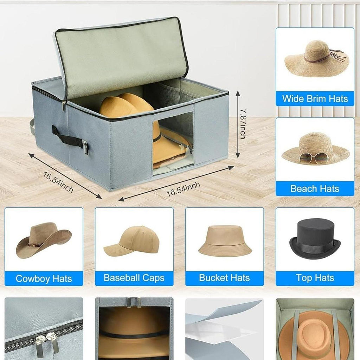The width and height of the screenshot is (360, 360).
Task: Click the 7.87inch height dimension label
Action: (x=243, y=124)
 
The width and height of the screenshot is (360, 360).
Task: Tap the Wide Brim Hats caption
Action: (x=315, y=99)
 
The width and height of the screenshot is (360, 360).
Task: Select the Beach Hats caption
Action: (x=315, y=189)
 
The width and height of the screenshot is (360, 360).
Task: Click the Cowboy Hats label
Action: (x=44, y=278)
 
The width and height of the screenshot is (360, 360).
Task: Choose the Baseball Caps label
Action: (x=134, y=278)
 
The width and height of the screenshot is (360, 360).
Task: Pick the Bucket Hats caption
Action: (x=224, y=278)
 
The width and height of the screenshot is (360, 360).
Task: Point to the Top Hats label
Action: (x=315, y=278)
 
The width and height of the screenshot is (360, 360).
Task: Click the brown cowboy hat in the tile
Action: (x=44, y=240)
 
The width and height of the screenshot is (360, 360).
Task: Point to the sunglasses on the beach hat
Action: (x=314, y=159)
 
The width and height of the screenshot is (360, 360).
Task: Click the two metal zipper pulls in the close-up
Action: (x=47, y=342)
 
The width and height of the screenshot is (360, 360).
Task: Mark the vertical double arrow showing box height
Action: (x=238, y=124)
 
